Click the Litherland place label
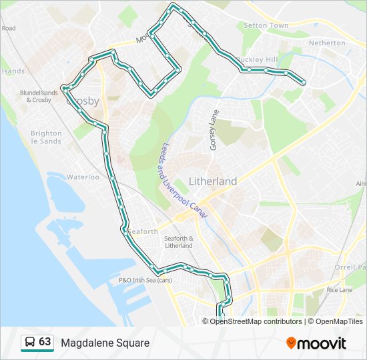pos(213,181)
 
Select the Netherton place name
pos(327,43)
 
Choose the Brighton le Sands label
pos(46,137)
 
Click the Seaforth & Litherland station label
pos(178,242)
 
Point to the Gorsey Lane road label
pos(214,130)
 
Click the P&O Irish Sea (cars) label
pos(145,280)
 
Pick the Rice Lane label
pos(340,290)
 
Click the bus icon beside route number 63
pos(30,342)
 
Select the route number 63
pos(45,342)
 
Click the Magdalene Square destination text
pos(105,343)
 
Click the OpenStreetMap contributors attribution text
pos(256,321)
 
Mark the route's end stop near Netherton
pos(304,83)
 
